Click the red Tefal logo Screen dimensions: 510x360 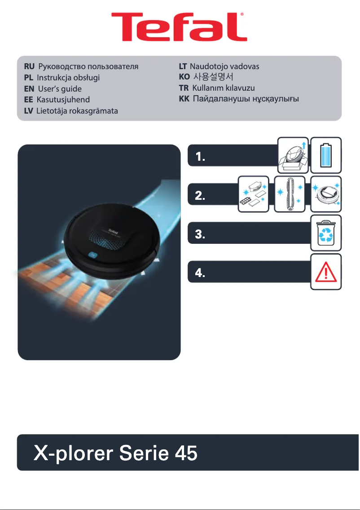coord(180,27)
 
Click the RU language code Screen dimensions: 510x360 coord(29,67)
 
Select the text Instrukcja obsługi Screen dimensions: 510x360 coord(68,77)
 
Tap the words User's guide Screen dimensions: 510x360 coord(60,88)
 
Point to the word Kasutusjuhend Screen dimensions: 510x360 coord(63,99)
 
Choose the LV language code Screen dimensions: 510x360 coord(29,110)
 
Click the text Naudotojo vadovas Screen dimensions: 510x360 coord(225,66)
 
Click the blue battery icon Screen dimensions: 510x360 coord(326,155)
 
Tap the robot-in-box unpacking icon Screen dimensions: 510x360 coord(293,155)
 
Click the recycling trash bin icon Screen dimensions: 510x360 coord(326,233)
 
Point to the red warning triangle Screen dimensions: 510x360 coord(326,272)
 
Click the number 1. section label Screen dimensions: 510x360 coord(201,157)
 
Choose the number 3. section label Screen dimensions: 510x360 coord(201,235)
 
